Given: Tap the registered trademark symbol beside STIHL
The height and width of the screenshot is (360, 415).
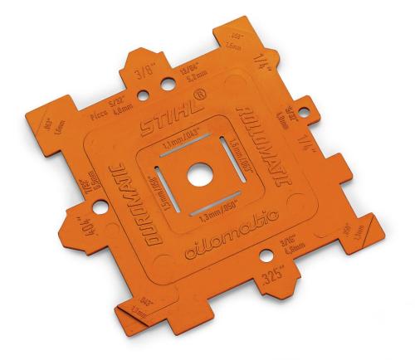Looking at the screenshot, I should [205, 105].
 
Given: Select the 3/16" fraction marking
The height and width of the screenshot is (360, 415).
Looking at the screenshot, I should [287, 241].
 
